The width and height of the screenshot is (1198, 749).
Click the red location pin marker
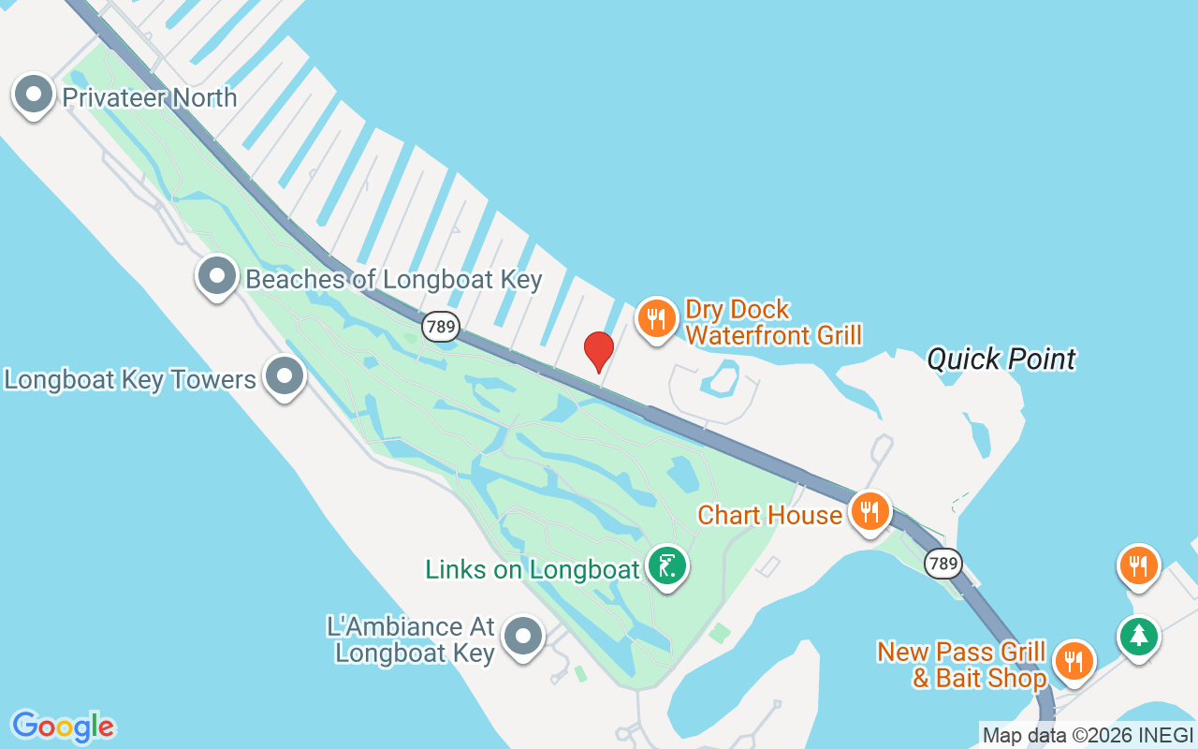tap(599, 350)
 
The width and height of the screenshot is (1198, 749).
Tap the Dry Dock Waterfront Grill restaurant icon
tap(657, 318)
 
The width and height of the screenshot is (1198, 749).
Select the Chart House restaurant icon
tap(870, 511)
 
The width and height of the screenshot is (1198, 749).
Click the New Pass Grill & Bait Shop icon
tap(1074, 661)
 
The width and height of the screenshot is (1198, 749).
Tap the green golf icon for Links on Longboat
tap(666, 565)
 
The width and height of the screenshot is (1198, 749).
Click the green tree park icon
tap(1138, 636)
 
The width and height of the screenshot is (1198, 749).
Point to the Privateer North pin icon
tap(35, 95)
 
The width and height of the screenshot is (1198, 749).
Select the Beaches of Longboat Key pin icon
tap(217, 276)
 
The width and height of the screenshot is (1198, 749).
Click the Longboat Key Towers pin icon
tap(285, 376)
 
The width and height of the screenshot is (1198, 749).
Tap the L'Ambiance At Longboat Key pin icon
tap(523, 637)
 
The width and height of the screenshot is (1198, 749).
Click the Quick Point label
tap(1001, 359)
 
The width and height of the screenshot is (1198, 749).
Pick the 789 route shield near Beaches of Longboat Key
tap(440, 327)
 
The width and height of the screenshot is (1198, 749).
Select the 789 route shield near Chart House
tap(942, 564)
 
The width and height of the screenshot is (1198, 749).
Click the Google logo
tap(63, 726)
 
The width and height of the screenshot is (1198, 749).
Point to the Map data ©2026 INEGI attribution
tap(1087, 736)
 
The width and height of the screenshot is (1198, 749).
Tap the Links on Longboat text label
tap(532, 568)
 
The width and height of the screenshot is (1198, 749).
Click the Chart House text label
tap(769, 515)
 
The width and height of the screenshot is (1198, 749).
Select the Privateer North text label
tap(150, 97)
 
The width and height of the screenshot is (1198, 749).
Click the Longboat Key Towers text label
tap(130, 380)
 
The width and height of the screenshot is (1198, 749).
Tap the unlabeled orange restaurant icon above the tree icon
tap(1138, 565)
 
